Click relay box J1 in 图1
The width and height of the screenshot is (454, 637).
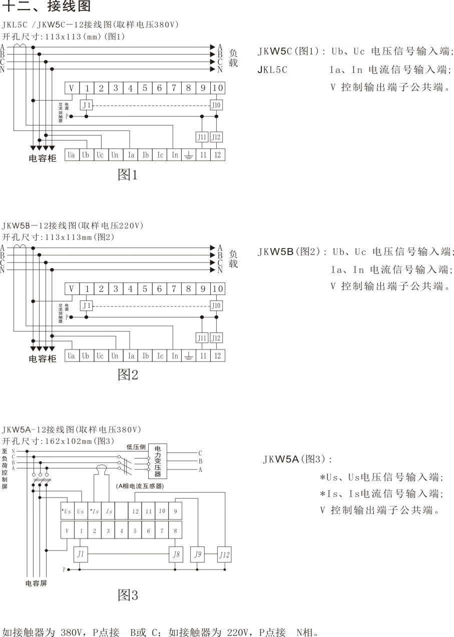click(x=87, y=105)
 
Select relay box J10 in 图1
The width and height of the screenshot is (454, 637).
click(x=216, y=105)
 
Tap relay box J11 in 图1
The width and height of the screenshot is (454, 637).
click(x=202, y=137)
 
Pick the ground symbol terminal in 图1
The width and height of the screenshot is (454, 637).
click(x=189, y=155)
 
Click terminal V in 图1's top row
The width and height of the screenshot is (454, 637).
click(x=72, y=88)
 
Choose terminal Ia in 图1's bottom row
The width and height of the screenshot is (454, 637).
click(x=131, y=155)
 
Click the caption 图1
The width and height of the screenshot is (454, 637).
click(x=128, y=175)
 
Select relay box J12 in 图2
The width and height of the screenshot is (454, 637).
click(x=216, y=338)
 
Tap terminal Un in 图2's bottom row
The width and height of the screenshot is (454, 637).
click(x=115, y=356)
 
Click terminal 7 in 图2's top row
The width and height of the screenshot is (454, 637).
click(x=174, y=289)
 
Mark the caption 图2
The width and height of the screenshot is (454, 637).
click(x=128, y=375)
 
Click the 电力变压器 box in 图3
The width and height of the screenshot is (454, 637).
click(x=158, y=461)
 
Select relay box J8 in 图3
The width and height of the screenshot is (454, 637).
click(x=176, y=554)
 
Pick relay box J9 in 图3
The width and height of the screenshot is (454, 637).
click(x=198, y=554)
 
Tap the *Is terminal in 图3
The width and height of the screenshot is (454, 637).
click(x=94, y=511)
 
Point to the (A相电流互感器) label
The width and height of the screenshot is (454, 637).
click(x=141, y=486)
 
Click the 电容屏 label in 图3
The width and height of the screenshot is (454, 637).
click(x=36, y=583)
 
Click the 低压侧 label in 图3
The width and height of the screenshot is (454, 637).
click(x=136, y=447)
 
